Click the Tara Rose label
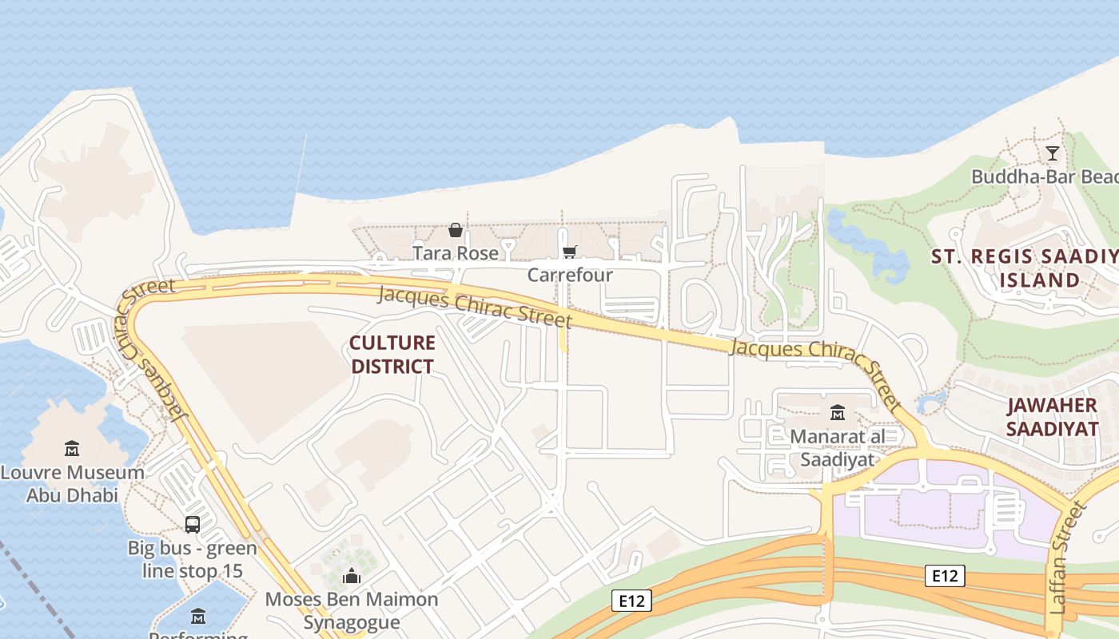tap(455, 253)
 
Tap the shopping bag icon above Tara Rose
tap(456, 230)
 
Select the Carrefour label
tap(570, 275)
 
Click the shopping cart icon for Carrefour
tap(569, 252)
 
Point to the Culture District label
tap(392, 355)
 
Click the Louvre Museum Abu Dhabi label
tap(72, 483)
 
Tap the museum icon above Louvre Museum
tap(72, 449)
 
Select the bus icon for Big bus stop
tap(193, 525)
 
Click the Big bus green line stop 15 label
tap(192, 560)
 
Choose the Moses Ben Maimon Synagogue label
tap(352, 611)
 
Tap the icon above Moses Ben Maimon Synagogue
tap(352, 577)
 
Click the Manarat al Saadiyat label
tap(837, 448)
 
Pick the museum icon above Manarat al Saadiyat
tap(838, 412)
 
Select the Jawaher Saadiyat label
tap(1052, 417)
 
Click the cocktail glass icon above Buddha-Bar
tap(1053, 153)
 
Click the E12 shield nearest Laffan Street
tap(945, 576)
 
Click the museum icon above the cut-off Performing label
tap(198, 617)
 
